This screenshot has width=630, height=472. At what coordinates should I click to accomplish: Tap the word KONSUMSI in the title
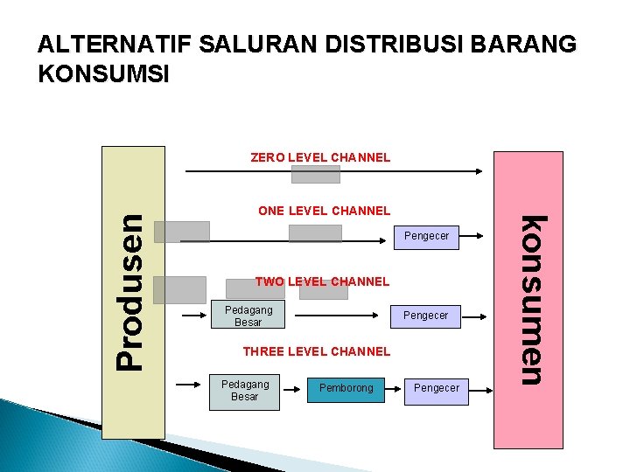(x=104, y=73)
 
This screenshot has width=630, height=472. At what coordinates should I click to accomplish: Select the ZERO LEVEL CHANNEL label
(x=320, y=157)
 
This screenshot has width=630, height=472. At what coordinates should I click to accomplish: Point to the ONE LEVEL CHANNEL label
(x=324, y=210)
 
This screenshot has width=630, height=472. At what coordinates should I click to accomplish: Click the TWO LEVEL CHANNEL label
(x=322, y=281)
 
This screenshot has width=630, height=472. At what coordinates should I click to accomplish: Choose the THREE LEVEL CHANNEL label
(x=316, y=351)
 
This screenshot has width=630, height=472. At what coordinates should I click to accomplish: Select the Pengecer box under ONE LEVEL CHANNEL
(x=426, y=236)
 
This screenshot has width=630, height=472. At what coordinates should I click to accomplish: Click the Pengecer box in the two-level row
(x=425, y=316)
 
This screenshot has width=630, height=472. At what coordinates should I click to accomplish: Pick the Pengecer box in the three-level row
(x=436, y=388)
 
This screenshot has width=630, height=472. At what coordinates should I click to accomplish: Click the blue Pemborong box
(x=346, y=388)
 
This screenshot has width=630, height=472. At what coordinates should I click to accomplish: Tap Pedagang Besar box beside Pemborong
(x=245, y=391)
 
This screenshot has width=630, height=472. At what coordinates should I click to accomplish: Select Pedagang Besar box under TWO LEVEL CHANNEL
(x=248, y=316)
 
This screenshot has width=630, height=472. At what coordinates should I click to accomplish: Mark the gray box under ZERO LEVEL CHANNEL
(x=315, y=175)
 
